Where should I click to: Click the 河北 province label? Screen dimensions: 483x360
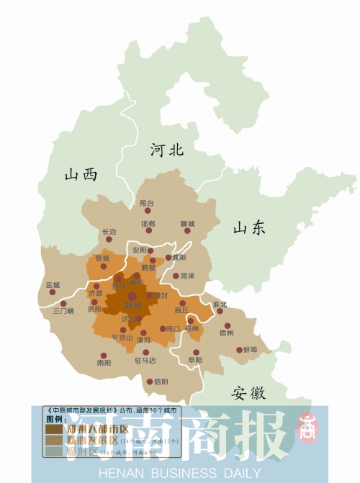167,150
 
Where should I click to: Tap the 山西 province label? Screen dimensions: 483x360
80,174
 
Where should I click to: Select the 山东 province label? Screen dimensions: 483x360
249,227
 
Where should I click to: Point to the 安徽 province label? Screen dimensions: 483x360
248,393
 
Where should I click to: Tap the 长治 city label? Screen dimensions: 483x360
109,232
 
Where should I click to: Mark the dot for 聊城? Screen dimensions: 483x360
187,232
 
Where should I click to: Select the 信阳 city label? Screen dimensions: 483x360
161,382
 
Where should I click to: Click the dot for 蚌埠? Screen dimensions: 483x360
239,351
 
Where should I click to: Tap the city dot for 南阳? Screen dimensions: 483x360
104,355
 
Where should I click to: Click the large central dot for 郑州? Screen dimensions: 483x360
132,294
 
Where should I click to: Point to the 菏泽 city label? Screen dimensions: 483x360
188,276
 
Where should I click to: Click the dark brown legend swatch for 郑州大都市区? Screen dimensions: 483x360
54,429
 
